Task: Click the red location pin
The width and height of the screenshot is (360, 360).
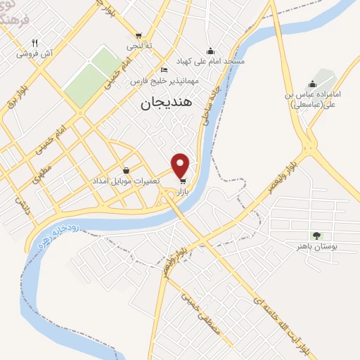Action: tap(181, 165)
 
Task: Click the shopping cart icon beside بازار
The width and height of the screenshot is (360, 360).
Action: tap(184, 180)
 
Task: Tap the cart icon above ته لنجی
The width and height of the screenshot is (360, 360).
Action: tap(139, 36)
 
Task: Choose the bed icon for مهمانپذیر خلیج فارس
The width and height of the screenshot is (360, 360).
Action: tap(164, 70)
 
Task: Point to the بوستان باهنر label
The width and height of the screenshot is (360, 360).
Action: tap(314, 247)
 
